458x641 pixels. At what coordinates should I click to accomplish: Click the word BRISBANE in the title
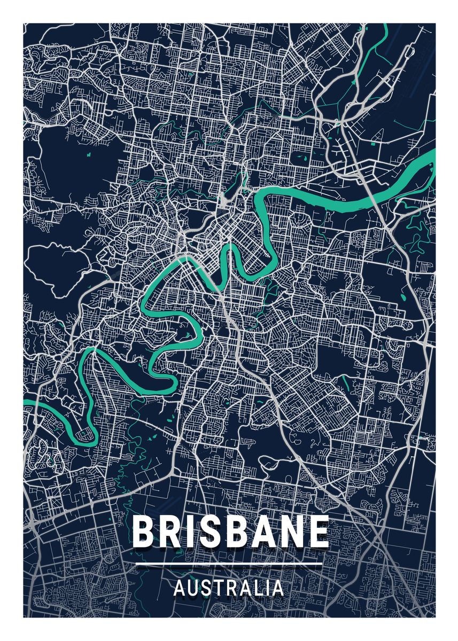230,531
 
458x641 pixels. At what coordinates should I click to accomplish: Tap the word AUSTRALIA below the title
229,588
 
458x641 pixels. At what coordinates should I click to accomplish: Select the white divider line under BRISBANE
229,563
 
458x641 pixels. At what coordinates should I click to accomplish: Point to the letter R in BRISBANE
170,531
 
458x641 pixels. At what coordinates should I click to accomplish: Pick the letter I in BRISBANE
189,531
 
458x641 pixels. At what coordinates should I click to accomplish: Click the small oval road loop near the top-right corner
407,53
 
